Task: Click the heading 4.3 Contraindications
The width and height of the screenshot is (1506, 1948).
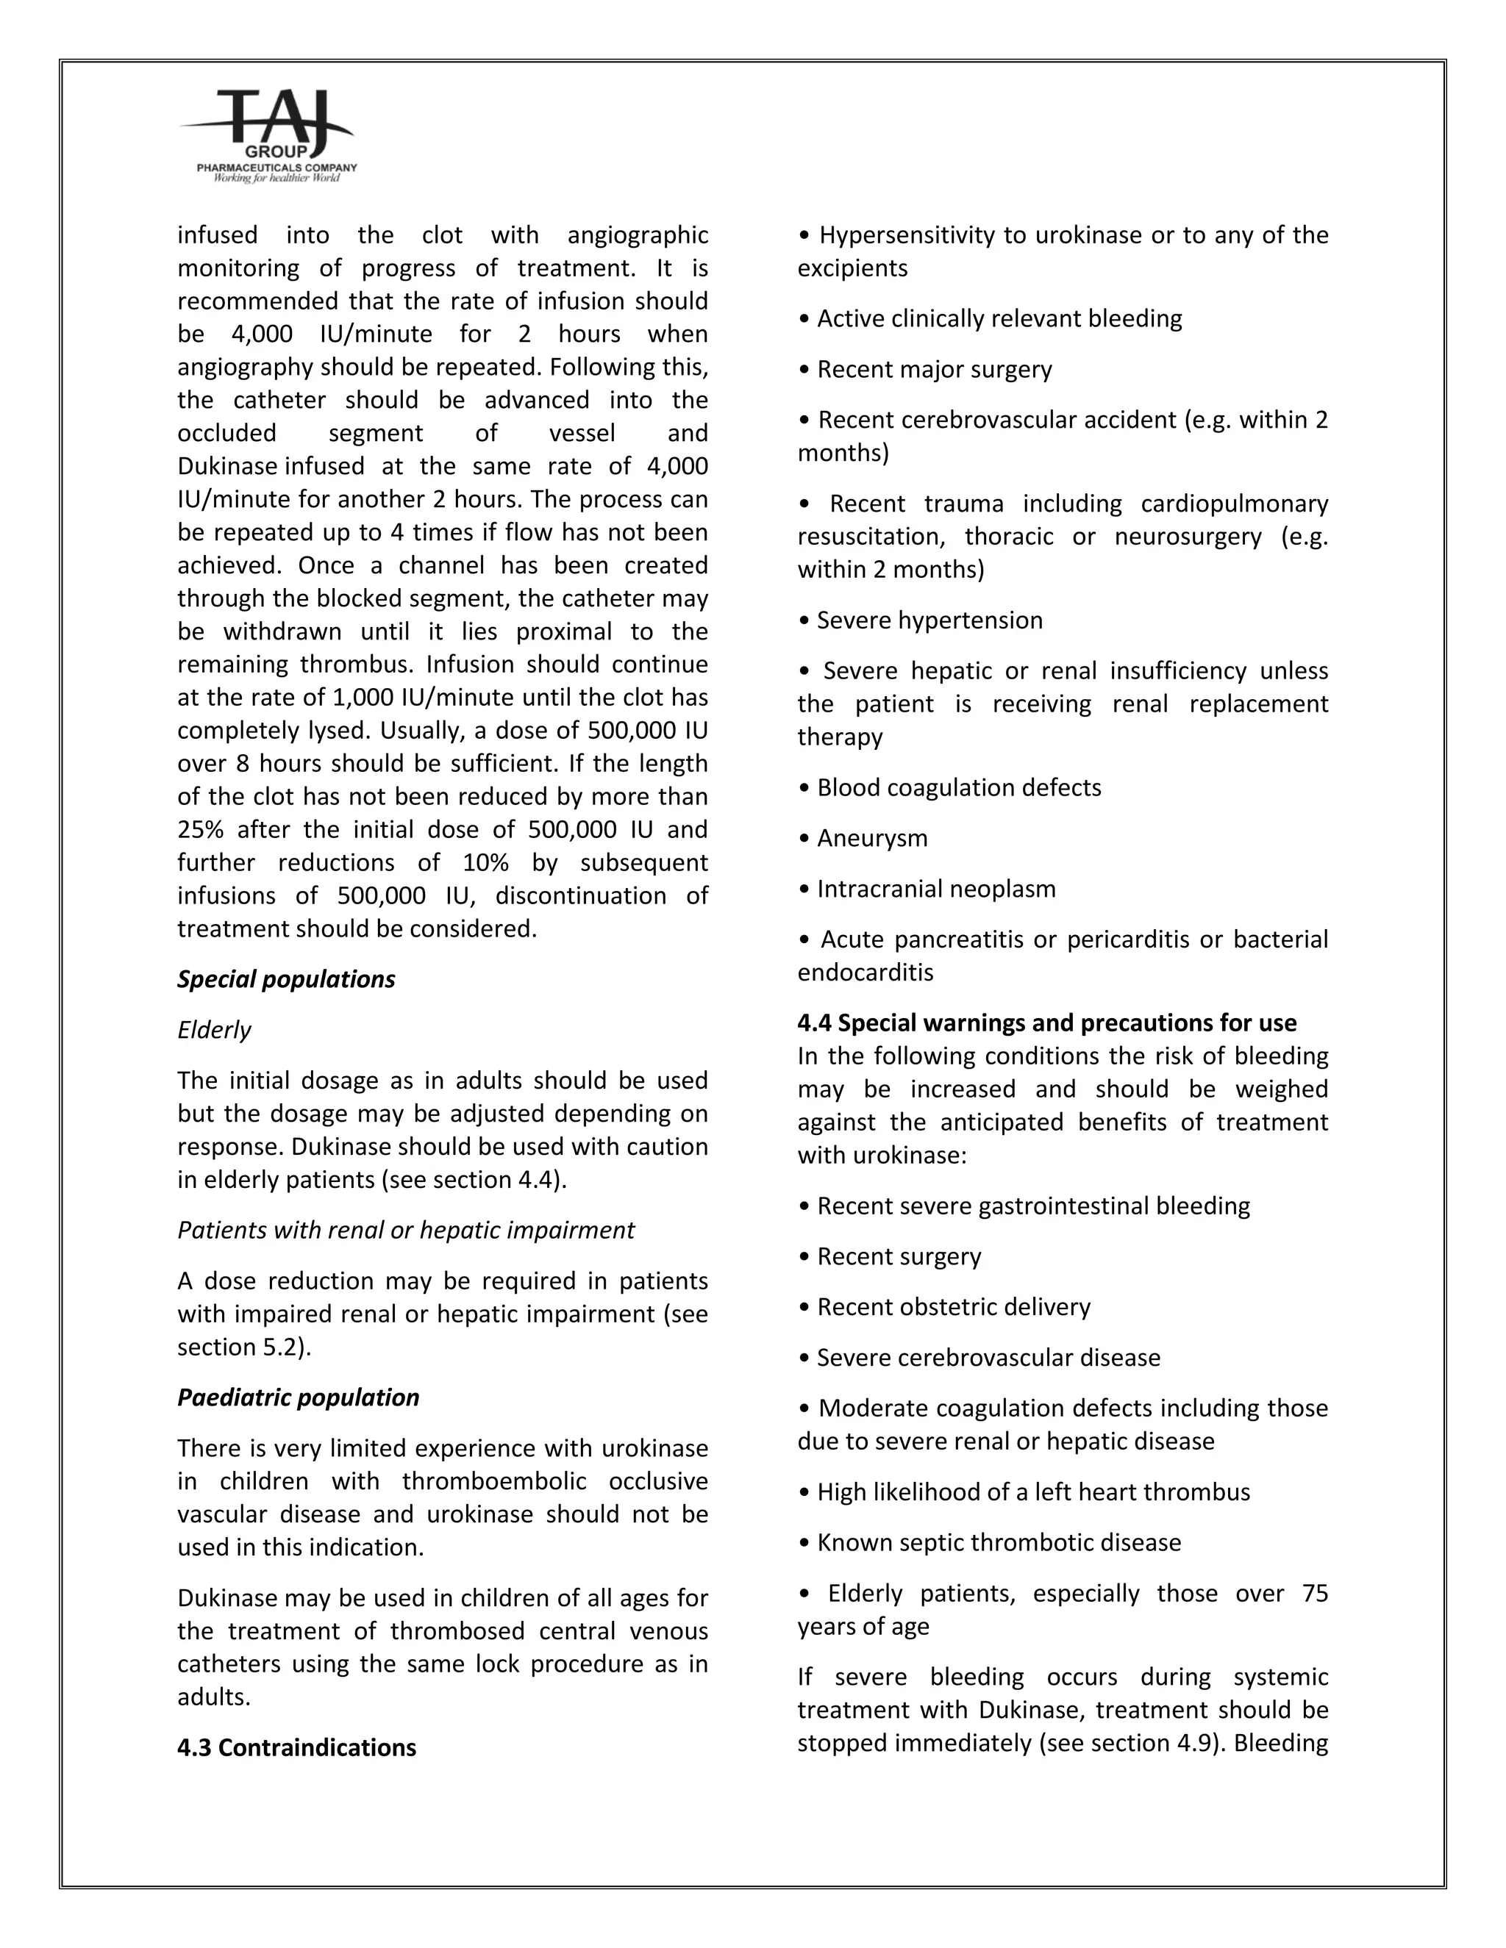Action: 296,1747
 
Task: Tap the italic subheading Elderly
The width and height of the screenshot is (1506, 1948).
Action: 214,1029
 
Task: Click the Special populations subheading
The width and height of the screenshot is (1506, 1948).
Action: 285,978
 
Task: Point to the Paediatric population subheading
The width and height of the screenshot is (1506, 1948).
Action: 298,1397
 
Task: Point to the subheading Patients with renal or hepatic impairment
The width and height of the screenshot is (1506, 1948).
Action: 406,1230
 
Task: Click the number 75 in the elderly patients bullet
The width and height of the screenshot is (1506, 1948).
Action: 1314,1593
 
